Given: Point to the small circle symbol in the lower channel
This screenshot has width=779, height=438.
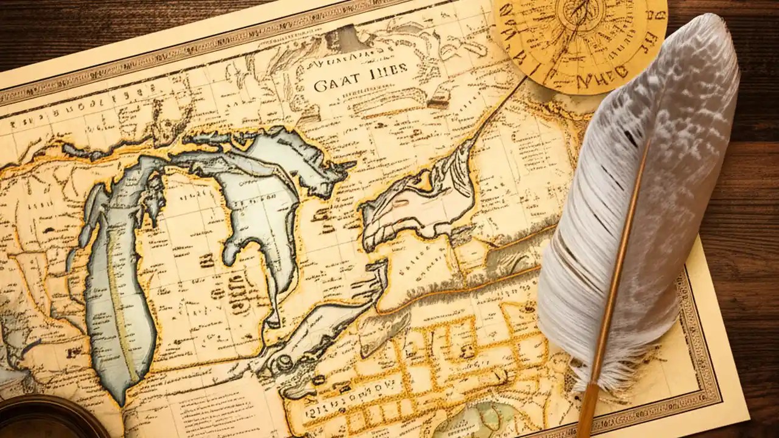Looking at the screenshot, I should click(x=284, y=363).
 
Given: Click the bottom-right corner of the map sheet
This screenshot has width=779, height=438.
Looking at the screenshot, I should click(x=747, y=419).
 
